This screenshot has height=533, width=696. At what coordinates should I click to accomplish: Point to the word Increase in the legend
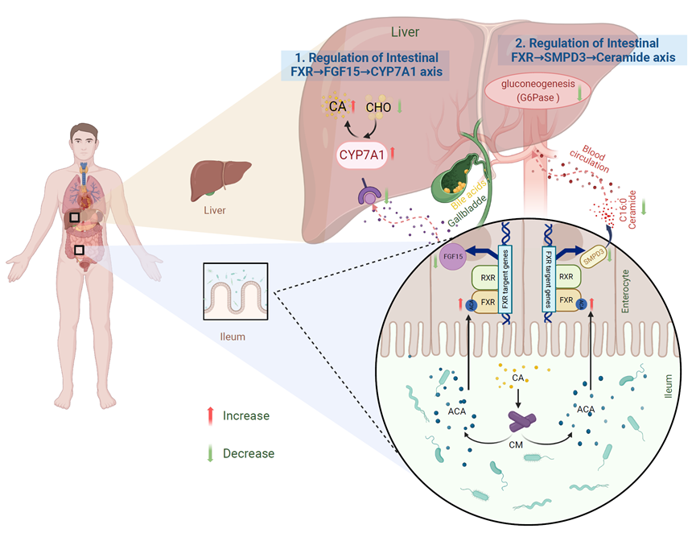(x=247, y=415)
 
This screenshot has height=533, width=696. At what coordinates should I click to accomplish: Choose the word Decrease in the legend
(x=249, y=453)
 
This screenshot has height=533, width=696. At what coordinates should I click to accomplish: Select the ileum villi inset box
(x=236, y=292)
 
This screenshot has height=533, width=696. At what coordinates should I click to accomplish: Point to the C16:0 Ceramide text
(x=624, y=210)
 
